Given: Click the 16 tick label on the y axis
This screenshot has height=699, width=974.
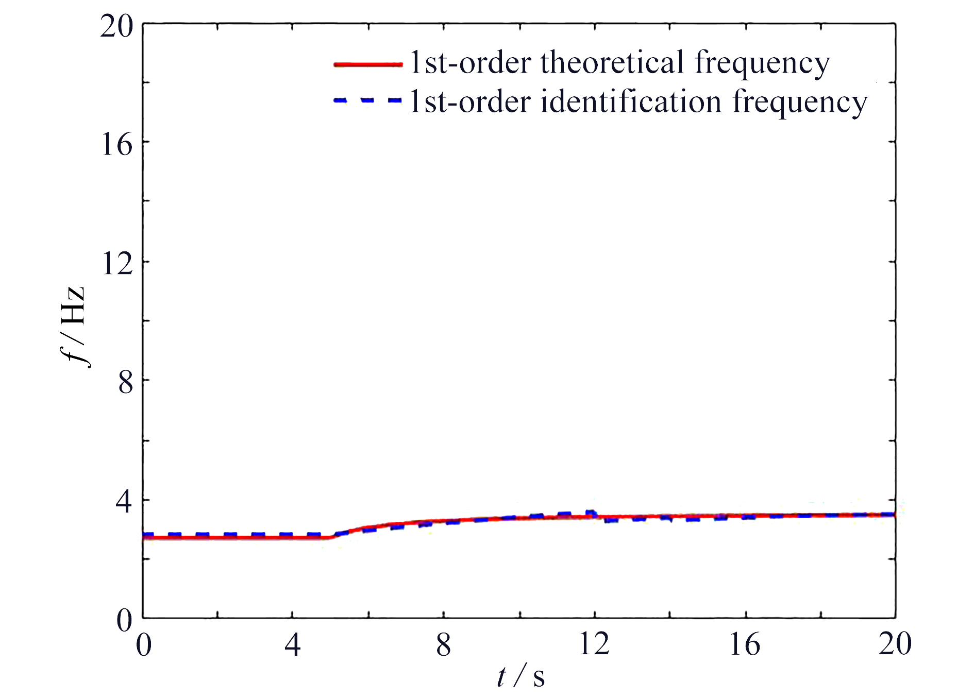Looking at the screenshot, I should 116,144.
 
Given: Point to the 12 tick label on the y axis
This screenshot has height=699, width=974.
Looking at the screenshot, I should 116,264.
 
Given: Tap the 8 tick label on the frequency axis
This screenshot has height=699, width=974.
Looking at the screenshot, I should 126,383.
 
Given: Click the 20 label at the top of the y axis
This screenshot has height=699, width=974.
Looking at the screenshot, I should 116,26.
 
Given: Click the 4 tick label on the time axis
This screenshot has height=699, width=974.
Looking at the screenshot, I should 292,645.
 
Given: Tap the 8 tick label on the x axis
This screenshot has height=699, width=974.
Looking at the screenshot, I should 443,645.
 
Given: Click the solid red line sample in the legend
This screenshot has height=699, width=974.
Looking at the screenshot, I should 368,64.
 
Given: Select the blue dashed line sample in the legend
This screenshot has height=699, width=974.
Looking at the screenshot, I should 368,101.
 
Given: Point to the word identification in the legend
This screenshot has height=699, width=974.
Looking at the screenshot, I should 631,101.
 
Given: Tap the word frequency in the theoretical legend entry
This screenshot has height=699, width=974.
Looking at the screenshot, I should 762,64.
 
